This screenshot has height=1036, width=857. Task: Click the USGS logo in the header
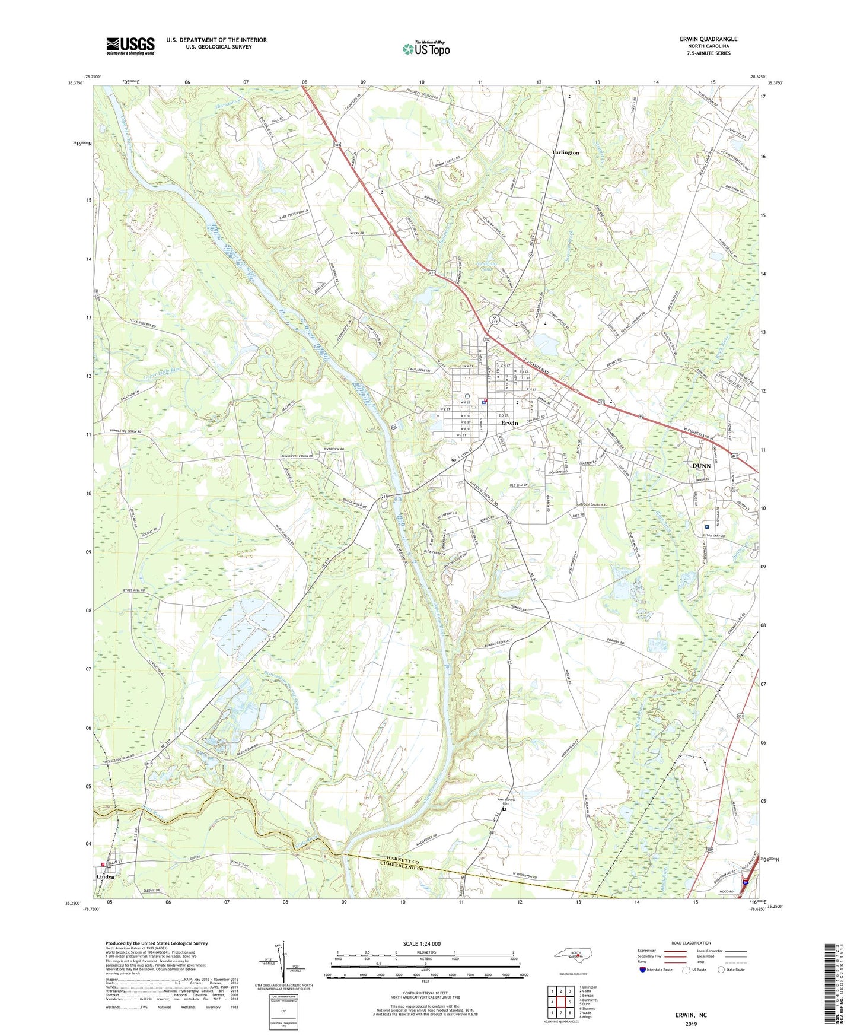click(130, 46)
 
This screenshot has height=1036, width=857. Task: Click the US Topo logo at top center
click(426, 48)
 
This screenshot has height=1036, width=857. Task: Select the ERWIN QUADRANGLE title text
click(708, 39)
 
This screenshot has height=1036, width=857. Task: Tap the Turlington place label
click(565, 152)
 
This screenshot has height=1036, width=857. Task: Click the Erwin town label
click(509, 423)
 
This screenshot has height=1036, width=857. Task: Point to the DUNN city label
click(702, 466)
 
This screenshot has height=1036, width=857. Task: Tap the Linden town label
click(106, 876)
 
